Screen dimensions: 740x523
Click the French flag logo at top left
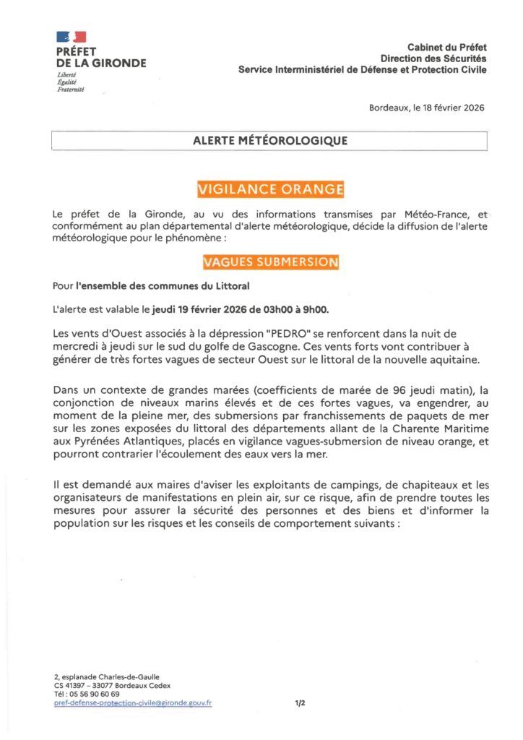(71, 36)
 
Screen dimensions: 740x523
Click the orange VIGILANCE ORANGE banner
(270, 189)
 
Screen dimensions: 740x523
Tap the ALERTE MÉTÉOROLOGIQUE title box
(270, 141)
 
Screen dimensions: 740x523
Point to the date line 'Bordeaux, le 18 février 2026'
(426, 108)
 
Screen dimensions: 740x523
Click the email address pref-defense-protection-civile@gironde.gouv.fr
(133, 702)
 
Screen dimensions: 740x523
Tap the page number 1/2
(301, 702)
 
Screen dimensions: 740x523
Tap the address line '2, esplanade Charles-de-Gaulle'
(107, 676)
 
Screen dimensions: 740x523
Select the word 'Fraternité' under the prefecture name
(71, 89)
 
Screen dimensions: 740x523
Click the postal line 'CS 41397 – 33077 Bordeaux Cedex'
(112, 685)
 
